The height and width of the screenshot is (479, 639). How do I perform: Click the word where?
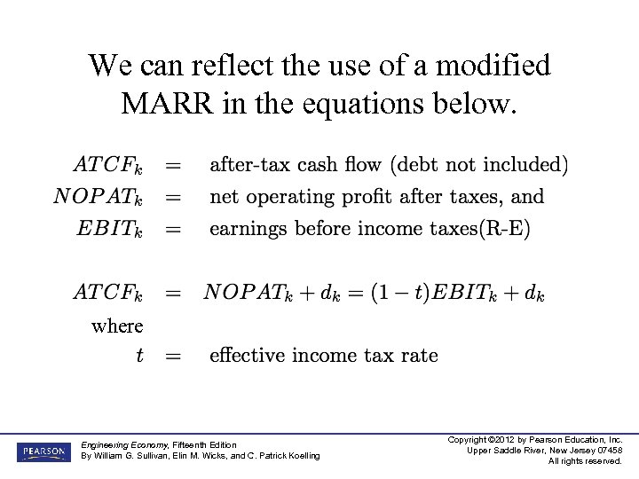(117, 326)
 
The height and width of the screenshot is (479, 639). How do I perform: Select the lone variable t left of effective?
(139, 356)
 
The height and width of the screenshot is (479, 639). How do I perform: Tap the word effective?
(248, 356)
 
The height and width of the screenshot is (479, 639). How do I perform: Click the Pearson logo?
(41, 452)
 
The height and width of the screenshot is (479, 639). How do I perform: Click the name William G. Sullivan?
(134, 456)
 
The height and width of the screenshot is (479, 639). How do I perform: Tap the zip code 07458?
(606, 451)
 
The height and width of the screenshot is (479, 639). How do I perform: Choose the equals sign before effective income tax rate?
(173, 356)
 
